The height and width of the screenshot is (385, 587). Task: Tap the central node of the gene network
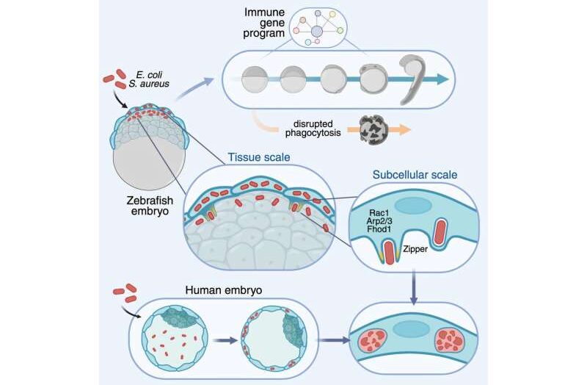(x=317, y=31)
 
